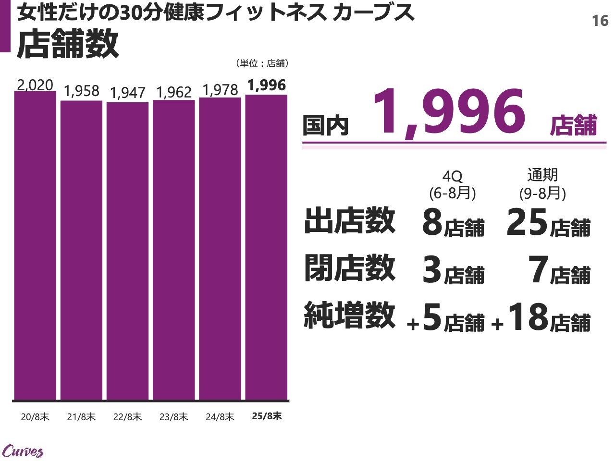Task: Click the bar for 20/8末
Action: [35, 245]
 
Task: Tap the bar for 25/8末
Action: [266, 247]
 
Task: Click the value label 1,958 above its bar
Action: [81, 91]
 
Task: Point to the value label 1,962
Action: [173, 92]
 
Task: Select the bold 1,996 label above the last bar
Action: [267, 85]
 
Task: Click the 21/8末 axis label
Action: [81, 417]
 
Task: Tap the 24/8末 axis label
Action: [220, 417]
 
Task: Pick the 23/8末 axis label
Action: [173, 417]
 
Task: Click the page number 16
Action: [600, 21]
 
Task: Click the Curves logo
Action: [23, 451]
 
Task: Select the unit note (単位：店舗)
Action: [262, 63]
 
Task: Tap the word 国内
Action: [325, 126]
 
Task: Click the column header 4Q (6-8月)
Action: [452, 185]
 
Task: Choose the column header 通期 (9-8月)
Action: [542, 184]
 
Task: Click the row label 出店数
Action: [350, 221]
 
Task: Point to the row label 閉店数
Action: [350, 268]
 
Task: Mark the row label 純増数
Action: [350, 315]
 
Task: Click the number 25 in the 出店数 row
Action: [527, 223]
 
